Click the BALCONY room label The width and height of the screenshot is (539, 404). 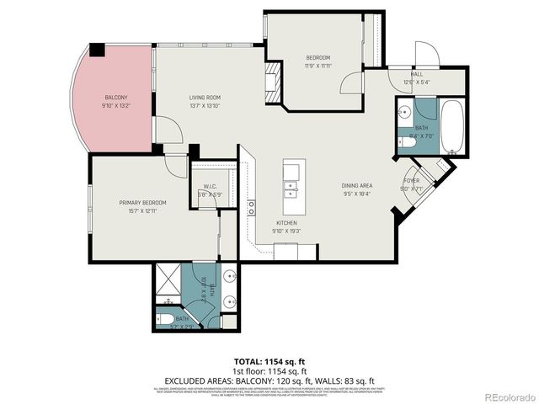116,98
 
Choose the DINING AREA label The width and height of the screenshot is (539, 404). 357,185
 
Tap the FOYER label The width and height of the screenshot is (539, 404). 412,181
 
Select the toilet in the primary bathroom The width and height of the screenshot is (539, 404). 167,319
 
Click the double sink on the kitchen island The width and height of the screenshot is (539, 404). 291,181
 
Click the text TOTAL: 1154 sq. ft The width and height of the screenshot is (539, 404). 269,360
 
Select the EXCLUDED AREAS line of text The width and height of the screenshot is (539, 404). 269,379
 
